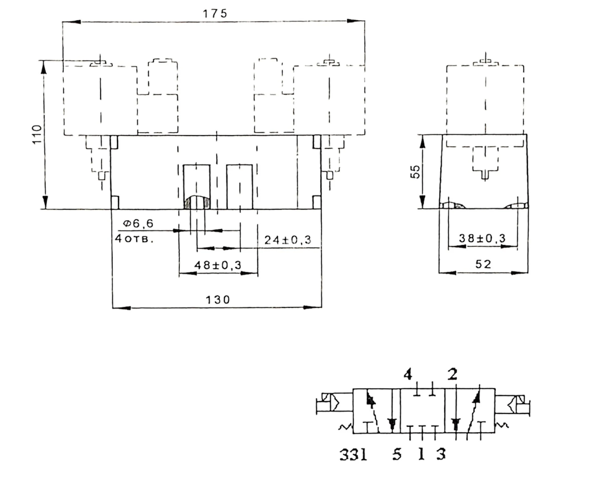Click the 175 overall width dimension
click(x=215, y=14)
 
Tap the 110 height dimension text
click(x=37, y=134)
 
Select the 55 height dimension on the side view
click(x=415, y=171)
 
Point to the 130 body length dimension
click(x=218, y=300)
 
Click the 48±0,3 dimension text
click(x=218, y=265)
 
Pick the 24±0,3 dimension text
click(x=288, y=240)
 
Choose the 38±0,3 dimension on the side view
click(x=482, y=239)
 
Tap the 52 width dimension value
click(x=483, y=264)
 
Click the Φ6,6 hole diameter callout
click(x=138, y=223)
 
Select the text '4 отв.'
click(x=134, y=239)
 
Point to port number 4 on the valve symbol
click(x=408, y=375)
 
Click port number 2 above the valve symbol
click(x=452, y=375)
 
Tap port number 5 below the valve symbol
click(x=397, y=455)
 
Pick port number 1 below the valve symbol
click(x=421, y=455)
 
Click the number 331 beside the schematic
click(x=353, y=455)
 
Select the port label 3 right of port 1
click(x=441, y=455)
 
